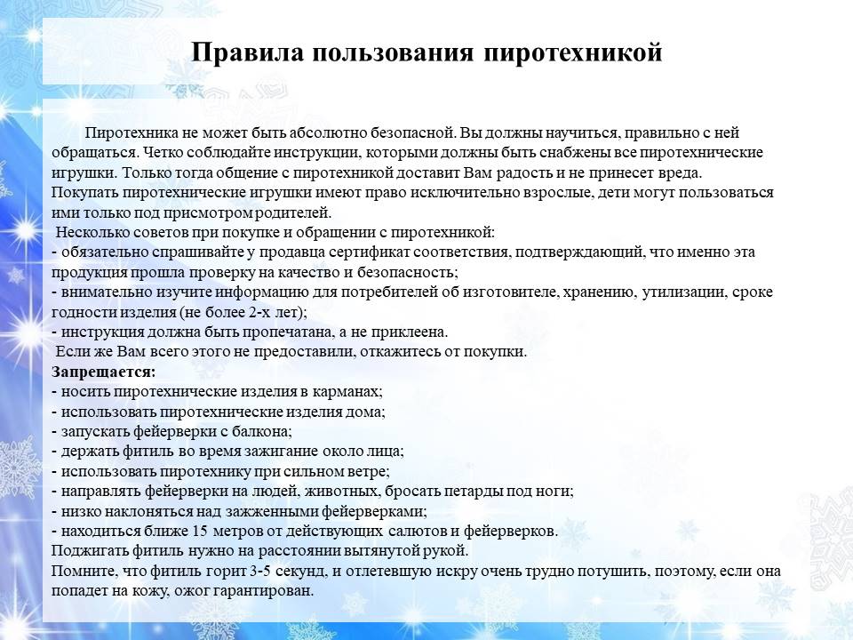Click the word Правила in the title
tap(247, 52)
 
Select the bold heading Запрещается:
tap(103, 372)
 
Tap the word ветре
tap(371, 471)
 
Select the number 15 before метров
tap(201, 532)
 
